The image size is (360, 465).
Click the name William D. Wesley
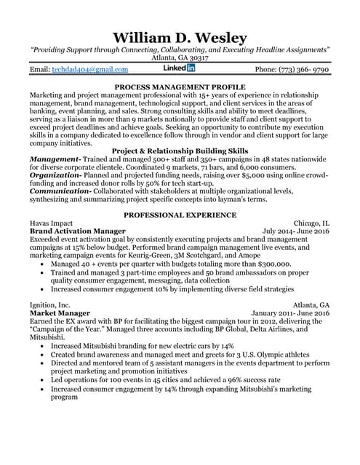tap(180, 37)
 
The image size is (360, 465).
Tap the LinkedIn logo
tap(180, 68)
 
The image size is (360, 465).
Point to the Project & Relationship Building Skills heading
tap(180, 150)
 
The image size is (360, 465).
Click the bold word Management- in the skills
tap(55, 158)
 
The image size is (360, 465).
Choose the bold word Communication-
tap(60, 192)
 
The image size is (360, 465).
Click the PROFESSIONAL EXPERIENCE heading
tap(180, 215)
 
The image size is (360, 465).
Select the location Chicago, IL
tap(311, 223)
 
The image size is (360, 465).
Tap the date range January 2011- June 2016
tap(289, 313)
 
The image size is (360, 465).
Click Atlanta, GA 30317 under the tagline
tap(180, 57)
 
